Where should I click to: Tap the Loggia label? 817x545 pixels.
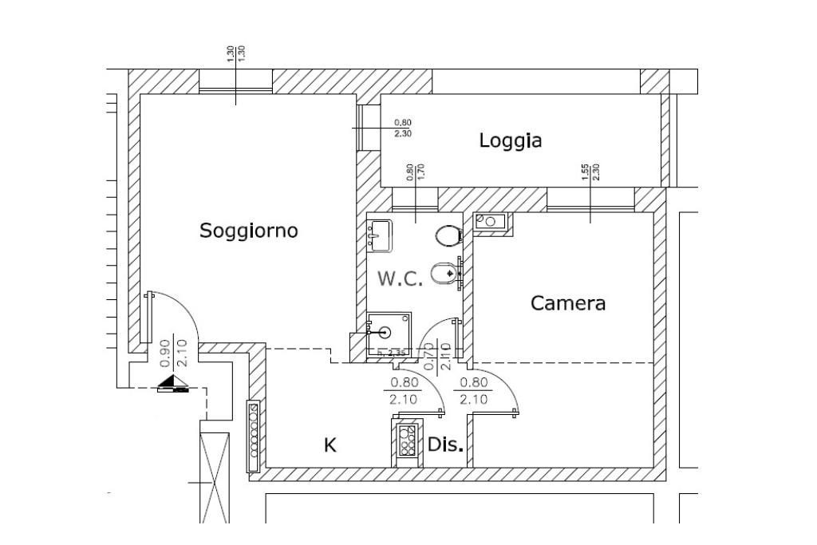[x=511, y=141]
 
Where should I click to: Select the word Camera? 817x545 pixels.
[x=568, y=303]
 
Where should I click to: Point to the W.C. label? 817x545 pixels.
[x=401, y=279]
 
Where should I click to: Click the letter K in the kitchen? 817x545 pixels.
[x=330, y=446]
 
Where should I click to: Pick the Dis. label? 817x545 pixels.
[x=445, y=445]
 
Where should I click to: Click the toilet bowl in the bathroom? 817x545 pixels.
[x=448, y=235]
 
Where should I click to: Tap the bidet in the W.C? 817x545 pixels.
[x=444, y=274]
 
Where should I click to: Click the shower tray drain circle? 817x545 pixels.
[x=387, y=332]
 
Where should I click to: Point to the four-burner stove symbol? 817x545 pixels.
[x=405, y=440]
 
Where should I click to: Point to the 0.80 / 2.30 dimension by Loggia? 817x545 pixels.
[x=403, y=128]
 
